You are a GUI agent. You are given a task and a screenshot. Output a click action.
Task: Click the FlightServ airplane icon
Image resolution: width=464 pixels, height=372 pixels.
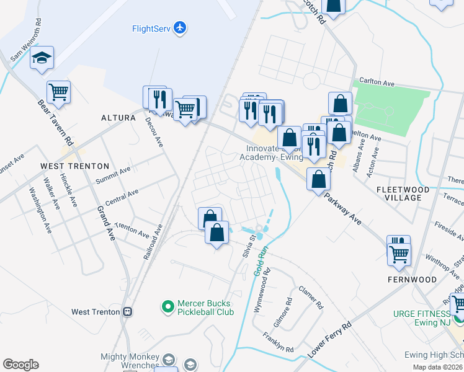click(180, 28)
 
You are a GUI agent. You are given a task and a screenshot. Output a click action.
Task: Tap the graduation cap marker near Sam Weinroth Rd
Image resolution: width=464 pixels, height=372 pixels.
click(42, 59)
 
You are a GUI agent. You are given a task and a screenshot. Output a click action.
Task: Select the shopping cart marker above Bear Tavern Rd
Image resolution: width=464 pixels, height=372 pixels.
click(58, 92)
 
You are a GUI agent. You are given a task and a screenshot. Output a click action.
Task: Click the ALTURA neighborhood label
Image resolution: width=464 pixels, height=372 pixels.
click(118, 117)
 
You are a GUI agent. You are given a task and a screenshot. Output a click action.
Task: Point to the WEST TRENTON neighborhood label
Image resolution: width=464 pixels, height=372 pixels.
click(74, 166)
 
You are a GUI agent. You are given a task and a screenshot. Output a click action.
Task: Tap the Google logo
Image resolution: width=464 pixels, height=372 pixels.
click(20, 364)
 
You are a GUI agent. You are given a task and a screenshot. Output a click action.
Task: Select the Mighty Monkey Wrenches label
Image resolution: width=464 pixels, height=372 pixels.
click(130, 361)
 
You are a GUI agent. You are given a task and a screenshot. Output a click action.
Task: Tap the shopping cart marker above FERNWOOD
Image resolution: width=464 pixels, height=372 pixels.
click(398, 252)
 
